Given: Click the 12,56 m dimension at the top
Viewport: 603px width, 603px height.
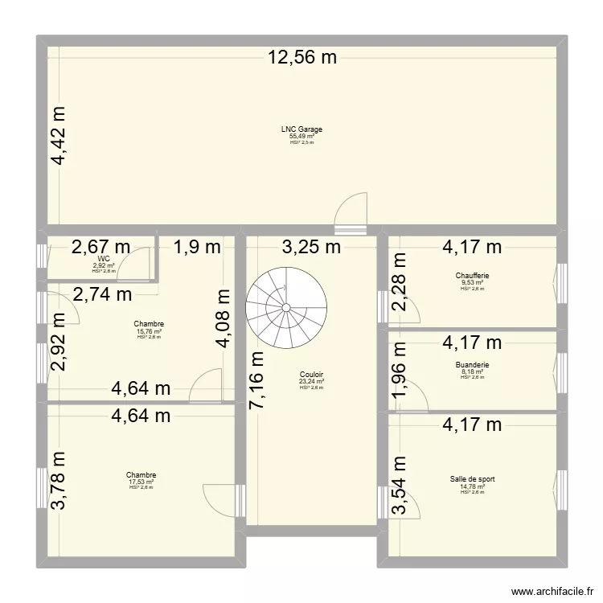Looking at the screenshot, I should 301,57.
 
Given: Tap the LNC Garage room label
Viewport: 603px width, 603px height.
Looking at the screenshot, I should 301,129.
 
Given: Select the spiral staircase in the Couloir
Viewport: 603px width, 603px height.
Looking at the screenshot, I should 288,307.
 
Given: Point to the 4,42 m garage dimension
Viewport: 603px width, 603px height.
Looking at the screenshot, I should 60,137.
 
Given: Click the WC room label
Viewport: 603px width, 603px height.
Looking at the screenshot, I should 104,259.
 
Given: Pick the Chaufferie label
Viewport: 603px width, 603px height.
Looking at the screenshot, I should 472,276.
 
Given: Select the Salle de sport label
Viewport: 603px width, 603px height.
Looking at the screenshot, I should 472,479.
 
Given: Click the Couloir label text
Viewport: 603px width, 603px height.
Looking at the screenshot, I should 311,375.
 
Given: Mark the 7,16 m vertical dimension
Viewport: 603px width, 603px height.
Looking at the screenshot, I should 256,379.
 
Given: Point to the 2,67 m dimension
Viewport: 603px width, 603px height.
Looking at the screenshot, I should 101,247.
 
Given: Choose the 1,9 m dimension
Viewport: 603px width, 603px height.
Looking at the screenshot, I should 197,247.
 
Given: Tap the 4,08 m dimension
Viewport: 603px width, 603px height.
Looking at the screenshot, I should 227,320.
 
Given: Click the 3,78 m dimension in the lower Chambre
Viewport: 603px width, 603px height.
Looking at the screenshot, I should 60,481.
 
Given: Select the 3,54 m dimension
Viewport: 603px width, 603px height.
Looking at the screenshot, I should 400,487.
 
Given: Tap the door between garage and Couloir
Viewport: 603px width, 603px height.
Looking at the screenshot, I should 351,213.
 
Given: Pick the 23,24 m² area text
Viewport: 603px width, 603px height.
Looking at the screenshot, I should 311,382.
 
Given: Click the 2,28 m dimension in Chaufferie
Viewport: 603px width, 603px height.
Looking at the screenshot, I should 400,282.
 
